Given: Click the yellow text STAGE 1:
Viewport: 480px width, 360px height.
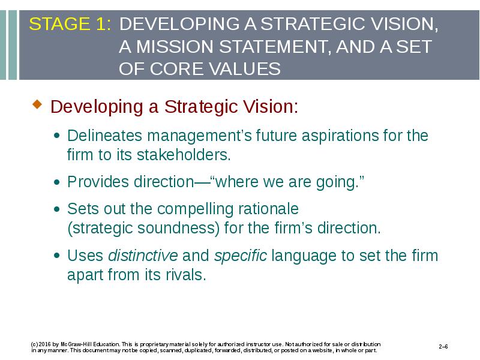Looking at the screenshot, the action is (70, 24).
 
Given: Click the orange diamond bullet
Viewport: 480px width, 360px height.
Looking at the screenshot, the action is (37, 104).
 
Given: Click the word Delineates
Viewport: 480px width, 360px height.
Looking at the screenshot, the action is (104, 136).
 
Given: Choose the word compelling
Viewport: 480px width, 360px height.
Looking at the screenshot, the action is (196, 209).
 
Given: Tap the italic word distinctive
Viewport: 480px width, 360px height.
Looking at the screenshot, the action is (143, 256).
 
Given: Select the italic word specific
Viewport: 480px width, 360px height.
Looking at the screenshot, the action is (241, 256).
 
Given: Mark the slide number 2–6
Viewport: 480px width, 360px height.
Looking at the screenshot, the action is (443, 347).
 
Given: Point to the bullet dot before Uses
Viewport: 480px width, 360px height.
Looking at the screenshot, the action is (57, 256).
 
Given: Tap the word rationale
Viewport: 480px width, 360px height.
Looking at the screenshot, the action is (268, 209).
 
